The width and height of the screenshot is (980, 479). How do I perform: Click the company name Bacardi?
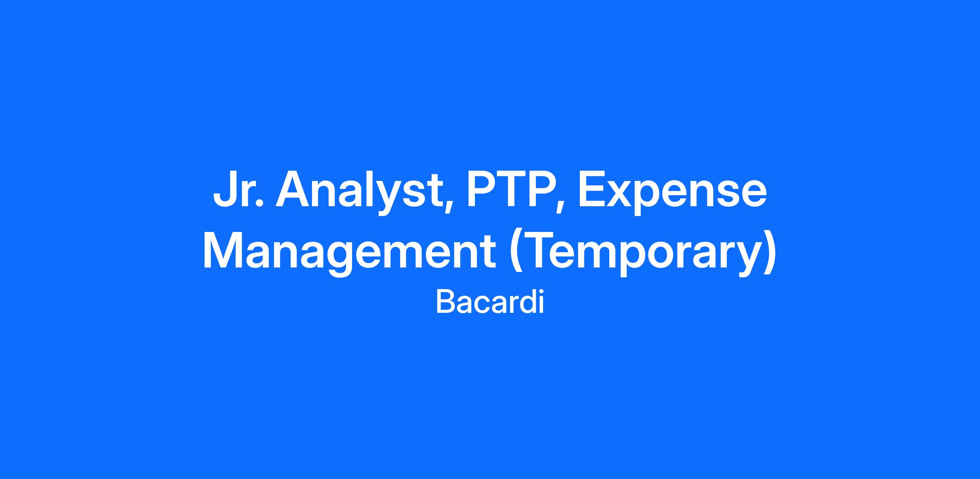[x=490, y=302]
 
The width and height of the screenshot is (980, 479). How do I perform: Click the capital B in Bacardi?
[x=446, y=302]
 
